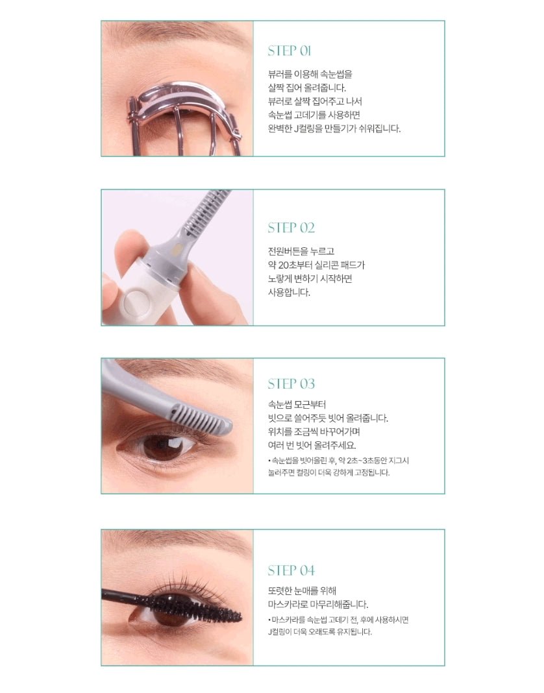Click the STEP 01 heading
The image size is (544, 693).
pos(290,51)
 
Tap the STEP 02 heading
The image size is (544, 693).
pos(291,228)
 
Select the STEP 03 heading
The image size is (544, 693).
pos(291,383)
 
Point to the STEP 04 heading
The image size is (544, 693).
pos(291,570)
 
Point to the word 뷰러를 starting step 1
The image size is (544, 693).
pos(280,74)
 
